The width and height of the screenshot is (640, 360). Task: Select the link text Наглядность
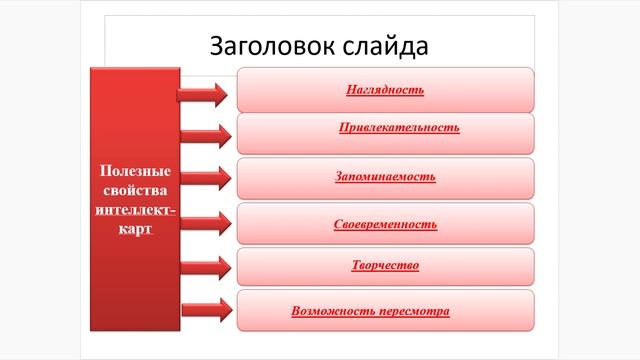tap(385, 90)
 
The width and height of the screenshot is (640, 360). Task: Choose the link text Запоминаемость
tap(385, 176)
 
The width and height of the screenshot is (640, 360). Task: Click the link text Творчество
tap(385, 265)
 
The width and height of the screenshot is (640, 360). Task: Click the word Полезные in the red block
tap(133, 172)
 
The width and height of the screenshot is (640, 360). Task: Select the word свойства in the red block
tap(133, 190)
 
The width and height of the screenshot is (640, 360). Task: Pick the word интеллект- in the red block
tap(133, 209)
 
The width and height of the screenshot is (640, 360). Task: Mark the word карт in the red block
tap(133, 228)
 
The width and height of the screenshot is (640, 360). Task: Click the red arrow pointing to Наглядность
tap(203, 94)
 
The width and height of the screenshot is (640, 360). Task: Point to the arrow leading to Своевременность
tap(203, 221)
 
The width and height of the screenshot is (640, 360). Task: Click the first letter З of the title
tap(216, 46)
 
